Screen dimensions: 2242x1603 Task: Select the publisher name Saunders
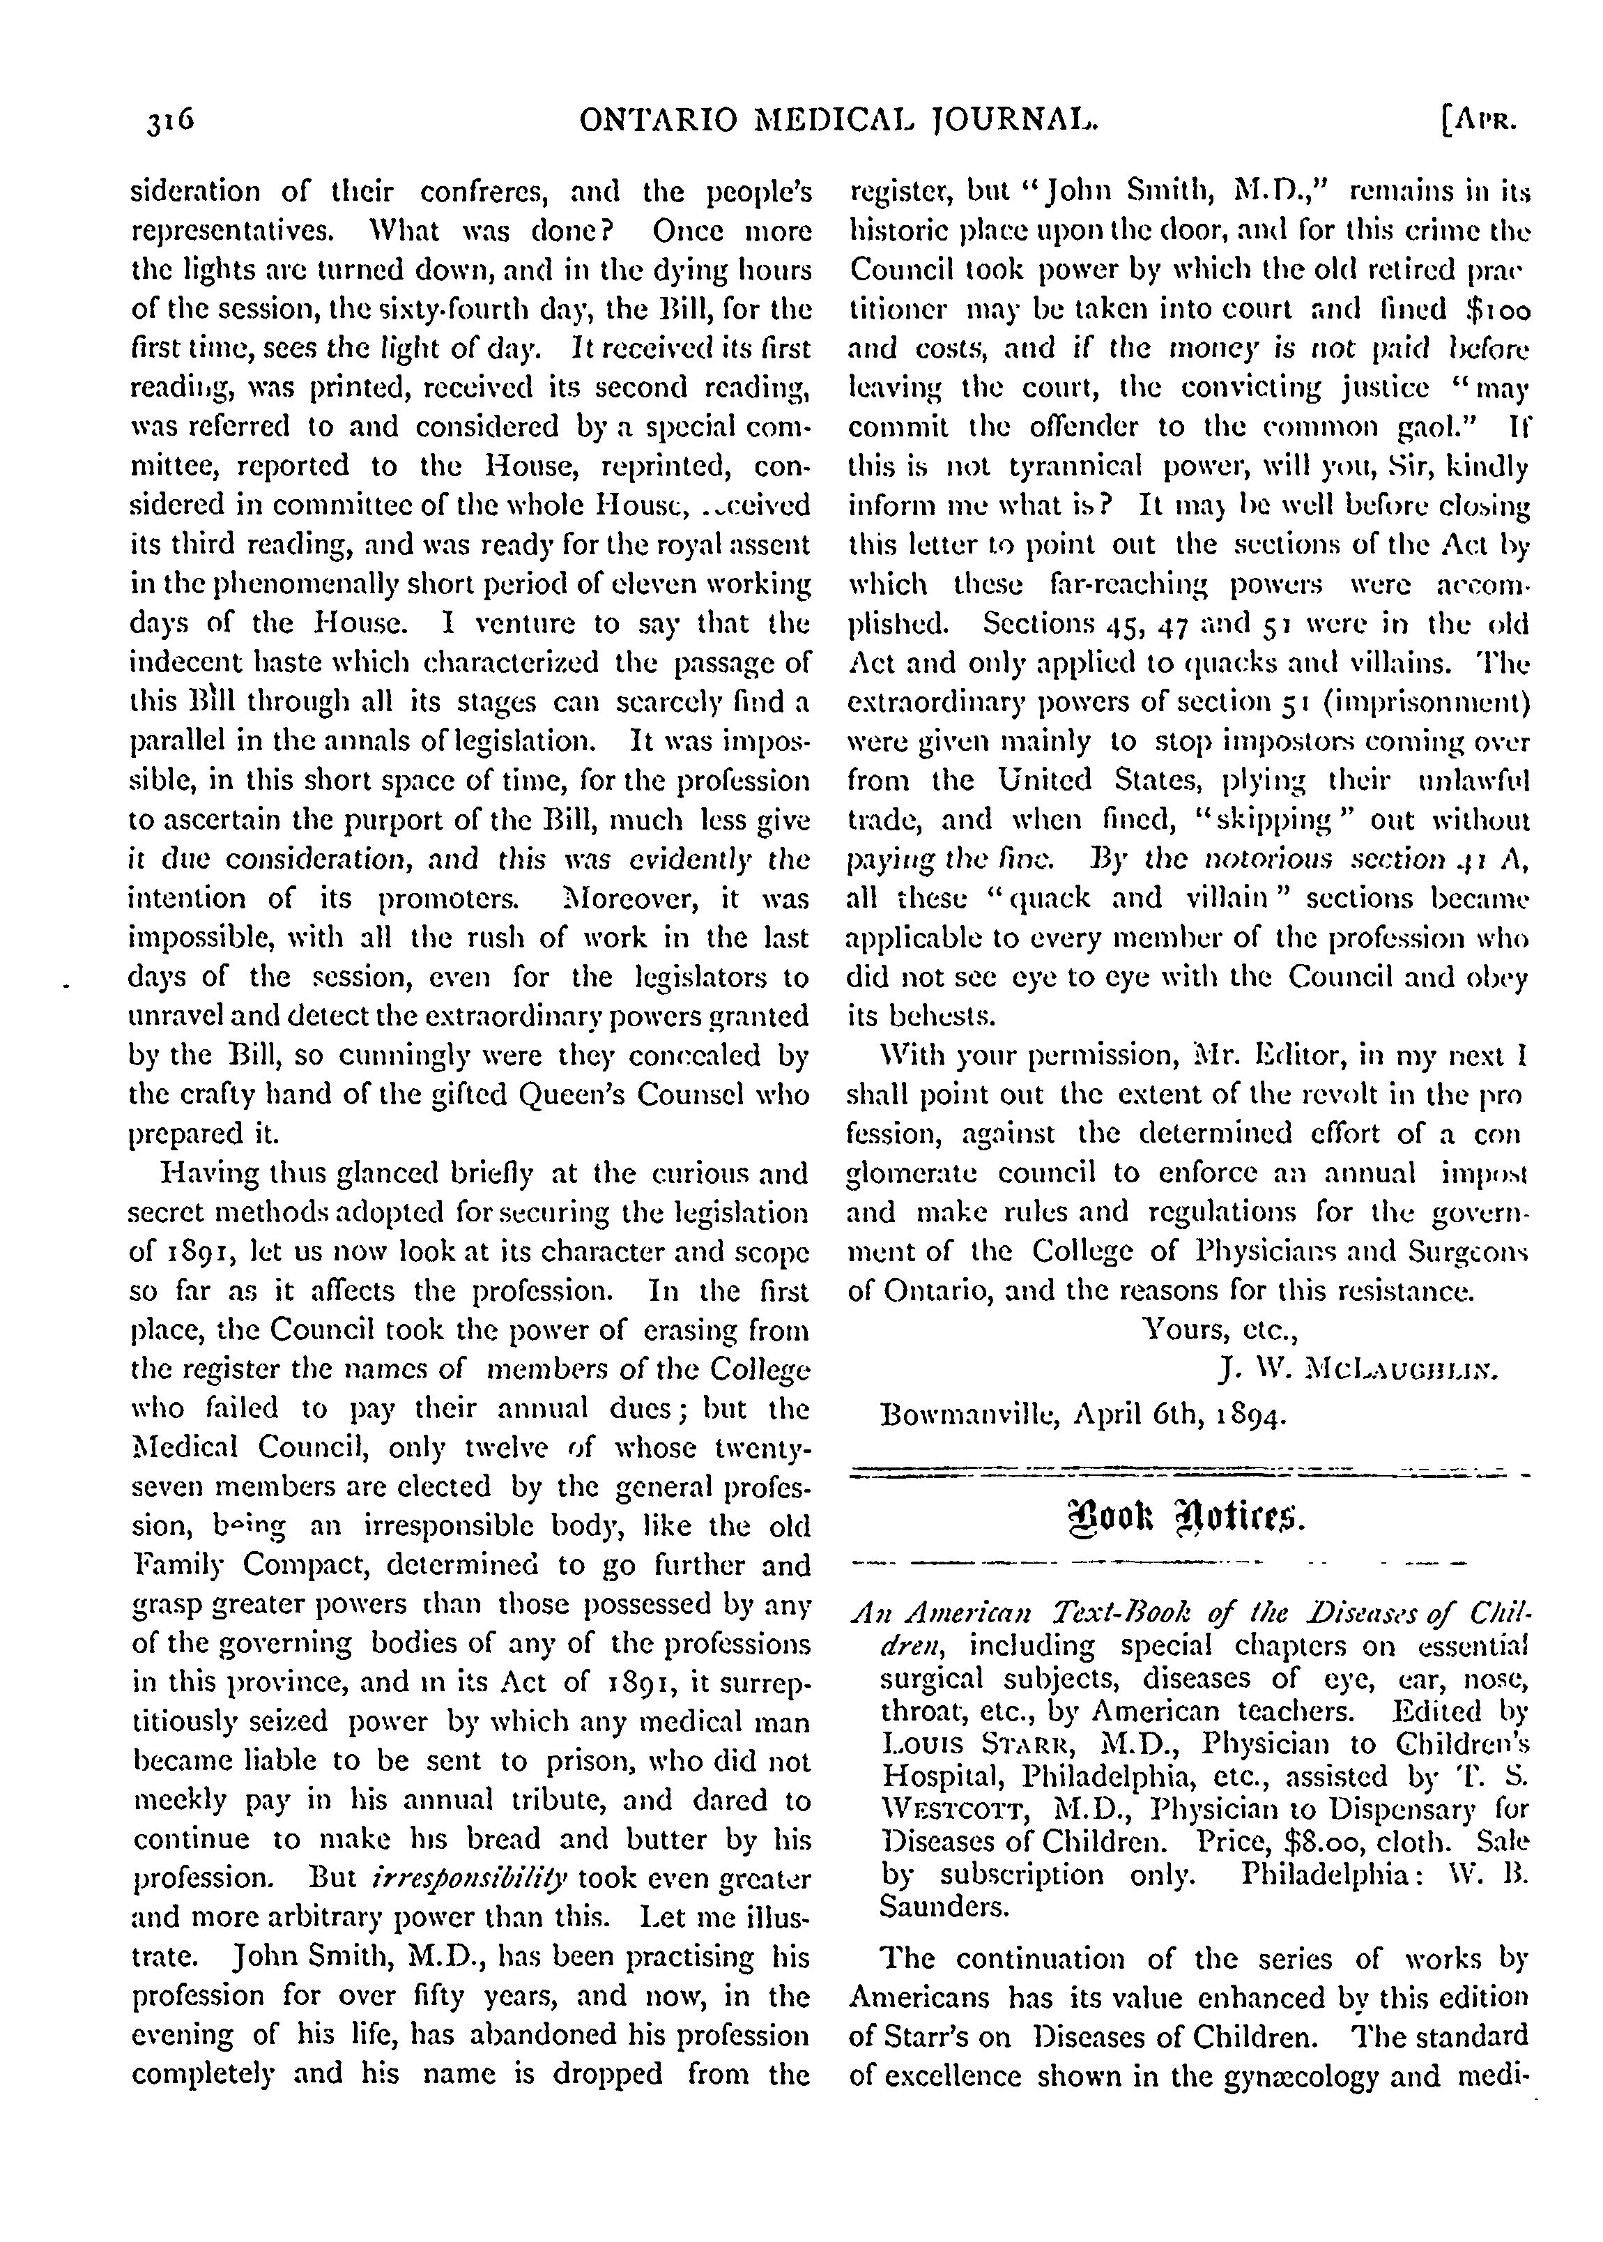click(943, 1907)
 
